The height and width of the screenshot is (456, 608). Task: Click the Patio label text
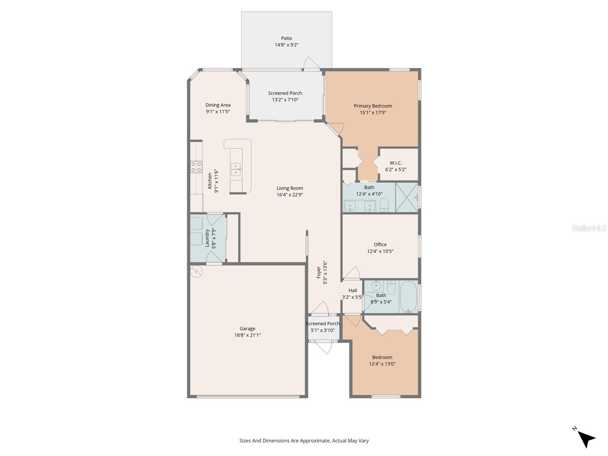[287, 38]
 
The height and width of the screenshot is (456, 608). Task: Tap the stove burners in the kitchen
[196, 167]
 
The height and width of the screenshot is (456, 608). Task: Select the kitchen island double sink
[236, 169]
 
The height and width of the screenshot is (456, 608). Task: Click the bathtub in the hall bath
[408, 296]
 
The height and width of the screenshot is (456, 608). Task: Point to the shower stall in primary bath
[407, 197]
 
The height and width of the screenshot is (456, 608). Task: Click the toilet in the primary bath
[384, 205]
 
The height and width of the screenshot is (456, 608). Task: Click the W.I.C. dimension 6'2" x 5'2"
[396, 169]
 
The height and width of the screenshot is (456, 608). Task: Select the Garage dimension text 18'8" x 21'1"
[247, 335]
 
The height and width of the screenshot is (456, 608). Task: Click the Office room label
[380, 244]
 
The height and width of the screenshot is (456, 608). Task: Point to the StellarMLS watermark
[589, 228]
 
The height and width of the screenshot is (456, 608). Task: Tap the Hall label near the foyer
[353, 290]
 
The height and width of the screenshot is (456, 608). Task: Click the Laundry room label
[207, 238]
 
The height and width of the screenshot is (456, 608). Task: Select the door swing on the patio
[312, 64]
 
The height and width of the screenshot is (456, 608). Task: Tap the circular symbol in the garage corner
[196, 271]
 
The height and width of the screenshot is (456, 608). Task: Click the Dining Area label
[218, 105]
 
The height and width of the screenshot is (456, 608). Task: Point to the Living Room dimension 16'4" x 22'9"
[290, 195]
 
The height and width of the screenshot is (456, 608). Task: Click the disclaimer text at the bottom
[304, 441]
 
